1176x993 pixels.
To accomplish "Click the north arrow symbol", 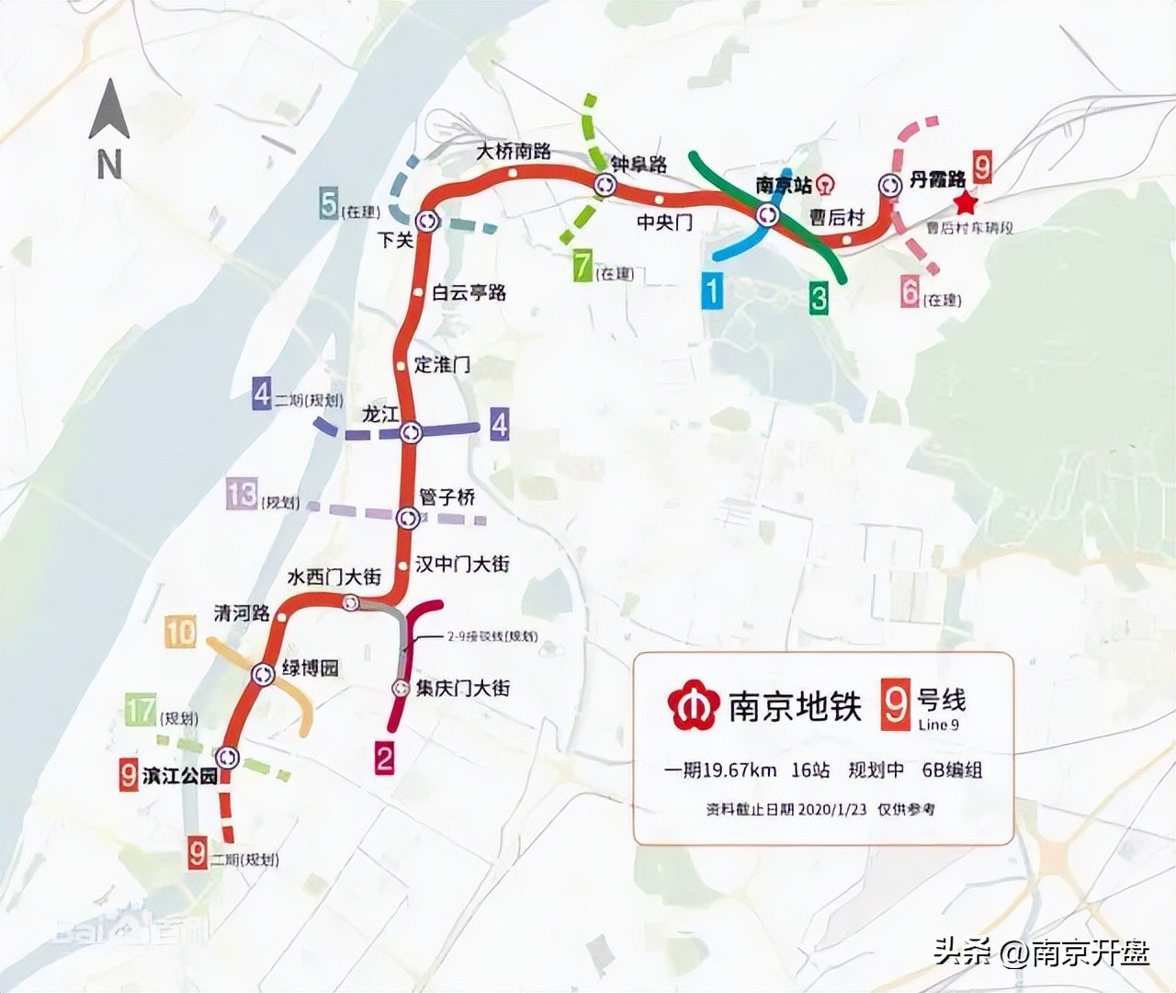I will click(x=109, y=110).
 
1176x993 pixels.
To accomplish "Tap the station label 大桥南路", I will click(x=514, y=151).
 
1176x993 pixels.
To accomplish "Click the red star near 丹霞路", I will click(x=965, y=202).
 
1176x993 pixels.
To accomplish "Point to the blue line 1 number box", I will click(x=712, y=291).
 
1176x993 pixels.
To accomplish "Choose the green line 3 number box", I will click(x=818, y=298).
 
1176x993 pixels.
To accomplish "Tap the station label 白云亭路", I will click(x=469, y=292).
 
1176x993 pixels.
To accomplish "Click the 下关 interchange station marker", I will click(x=427, y=221).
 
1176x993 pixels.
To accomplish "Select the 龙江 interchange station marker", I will click(x=410, y=430).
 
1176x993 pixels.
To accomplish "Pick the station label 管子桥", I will click(x=447, y=497).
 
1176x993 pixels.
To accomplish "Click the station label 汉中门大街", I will click(x=462, y=564).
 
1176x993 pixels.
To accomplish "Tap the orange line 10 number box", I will click(x=180, y=632).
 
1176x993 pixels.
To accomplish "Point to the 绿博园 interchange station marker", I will click(x=264, y=674).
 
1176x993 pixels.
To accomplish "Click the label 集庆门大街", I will click(x=462, y=688).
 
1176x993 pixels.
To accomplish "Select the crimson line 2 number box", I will click(x=384, y=759).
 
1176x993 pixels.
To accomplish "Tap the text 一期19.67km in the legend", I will click(x=721, y=770).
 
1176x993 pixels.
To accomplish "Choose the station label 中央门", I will click(x=664, y=222).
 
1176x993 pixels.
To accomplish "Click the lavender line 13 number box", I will click(x=242, y=494).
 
